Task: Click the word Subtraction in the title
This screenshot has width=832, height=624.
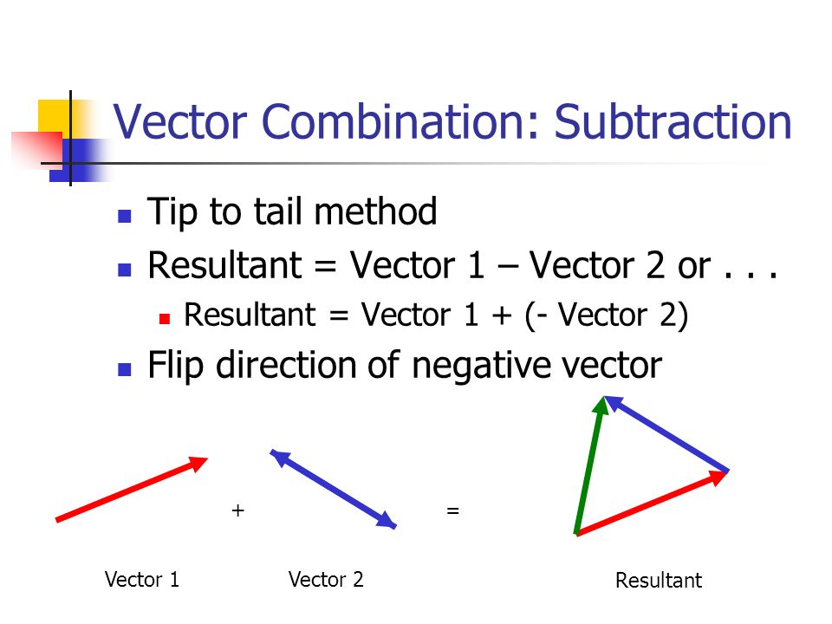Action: (x=673, y=122)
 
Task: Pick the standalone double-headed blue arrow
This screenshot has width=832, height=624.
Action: (x=334, y=489)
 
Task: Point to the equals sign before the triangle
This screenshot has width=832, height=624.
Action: (x=452, y=511)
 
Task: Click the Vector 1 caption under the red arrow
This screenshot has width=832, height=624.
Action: (x=141, y=579)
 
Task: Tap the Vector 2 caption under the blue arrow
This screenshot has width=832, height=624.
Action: (x=326, y=579)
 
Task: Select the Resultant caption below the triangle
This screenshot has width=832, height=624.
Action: (x=659, y=581)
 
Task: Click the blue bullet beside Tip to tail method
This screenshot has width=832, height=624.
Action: (x=125, y=215)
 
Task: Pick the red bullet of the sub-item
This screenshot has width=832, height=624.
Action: (x=165, y=318)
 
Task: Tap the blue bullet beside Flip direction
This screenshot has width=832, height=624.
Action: (x=125, y=368)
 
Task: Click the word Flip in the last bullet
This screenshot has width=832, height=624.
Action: (x=177, y=366)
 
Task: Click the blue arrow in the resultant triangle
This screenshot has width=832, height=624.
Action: (x=667, y=433)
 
